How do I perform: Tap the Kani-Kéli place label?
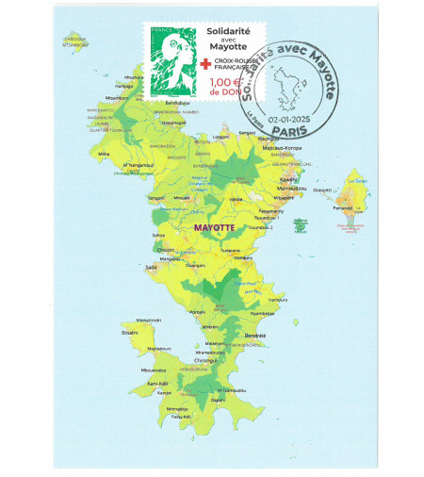coord(158,384)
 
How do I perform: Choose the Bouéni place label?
coord(130,332)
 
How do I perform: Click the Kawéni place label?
coord(288,177)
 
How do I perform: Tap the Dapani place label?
coord(219,400)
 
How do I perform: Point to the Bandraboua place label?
coord(177,102)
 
